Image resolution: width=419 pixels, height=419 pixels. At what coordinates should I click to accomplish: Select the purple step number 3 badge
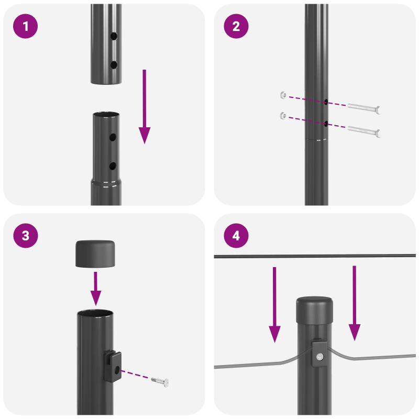point(25,236)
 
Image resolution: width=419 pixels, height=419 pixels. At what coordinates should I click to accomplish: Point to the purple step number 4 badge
point(236,236)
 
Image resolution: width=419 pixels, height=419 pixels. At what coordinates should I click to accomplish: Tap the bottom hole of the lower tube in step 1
point(113,166)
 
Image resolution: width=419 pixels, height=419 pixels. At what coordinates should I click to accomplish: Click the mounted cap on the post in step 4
point(315,311)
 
